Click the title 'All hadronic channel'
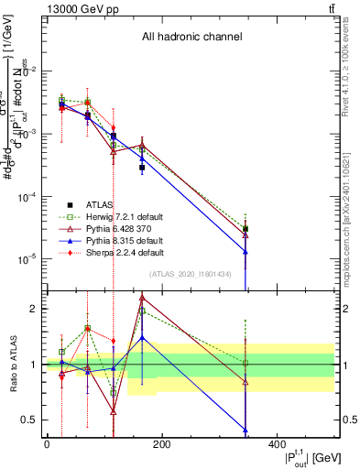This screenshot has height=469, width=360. click(x=191, y=38)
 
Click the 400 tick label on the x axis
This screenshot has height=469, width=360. click(x=276, y=443)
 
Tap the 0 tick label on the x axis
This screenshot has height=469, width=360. click(x=47, y=443)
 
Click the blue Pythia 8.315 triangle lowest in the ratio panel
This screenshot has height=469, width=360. click(x=245, y=430)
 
